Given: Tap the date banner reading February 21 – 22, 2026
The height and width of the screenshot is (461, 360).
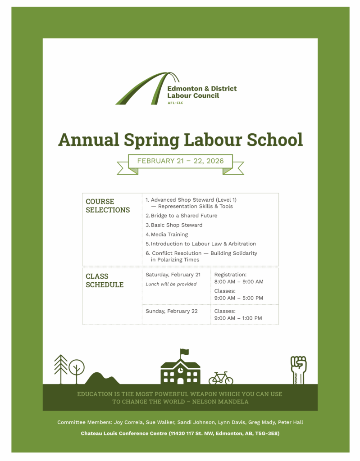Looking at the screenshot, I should [180, 161].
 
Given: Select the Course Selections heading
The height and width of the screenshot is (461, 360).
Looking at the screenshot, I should [108, 206].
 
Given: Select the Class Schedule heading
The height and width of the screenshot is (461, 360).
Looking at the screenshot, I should [105, 280].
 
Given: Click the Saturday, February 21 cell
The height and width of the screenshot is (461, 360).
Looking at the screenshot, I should [173, 275].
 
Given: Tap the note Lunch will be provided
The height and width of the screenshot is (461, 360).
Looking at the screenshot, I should [171, 285].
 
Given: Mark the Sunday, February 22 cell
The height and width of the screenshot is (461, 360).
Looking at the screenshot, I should [172, 311].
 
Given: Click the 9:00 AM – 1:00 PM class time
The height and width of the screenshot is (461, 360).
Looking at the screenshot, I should [238, 318].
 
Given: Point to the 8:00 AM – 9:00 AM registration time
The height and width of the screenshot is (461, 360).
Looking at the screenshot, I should [239, 282].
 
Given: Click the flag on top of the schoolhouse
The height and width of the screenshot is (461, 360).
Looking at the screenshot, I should [184, 352].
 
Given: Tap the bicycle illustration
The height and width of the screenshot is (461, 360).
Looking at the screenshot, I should [221, 378].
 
